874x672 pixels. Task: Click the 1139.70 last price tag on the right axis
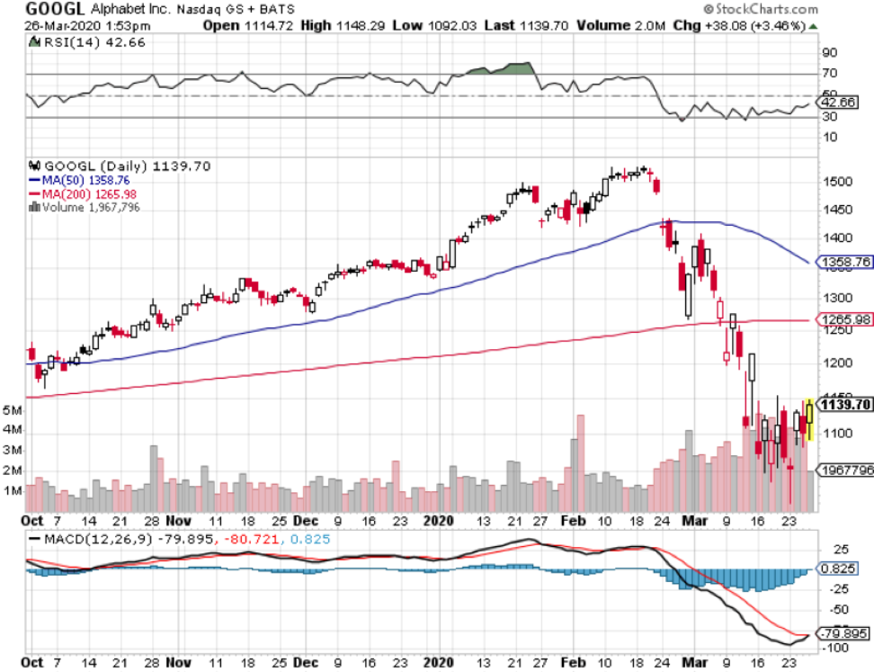(x=843, y=405)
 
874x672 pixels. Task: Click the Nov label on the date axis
(x=179, y=521)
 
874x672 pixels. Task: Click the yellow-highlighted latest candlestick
(x=810, y=419)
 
